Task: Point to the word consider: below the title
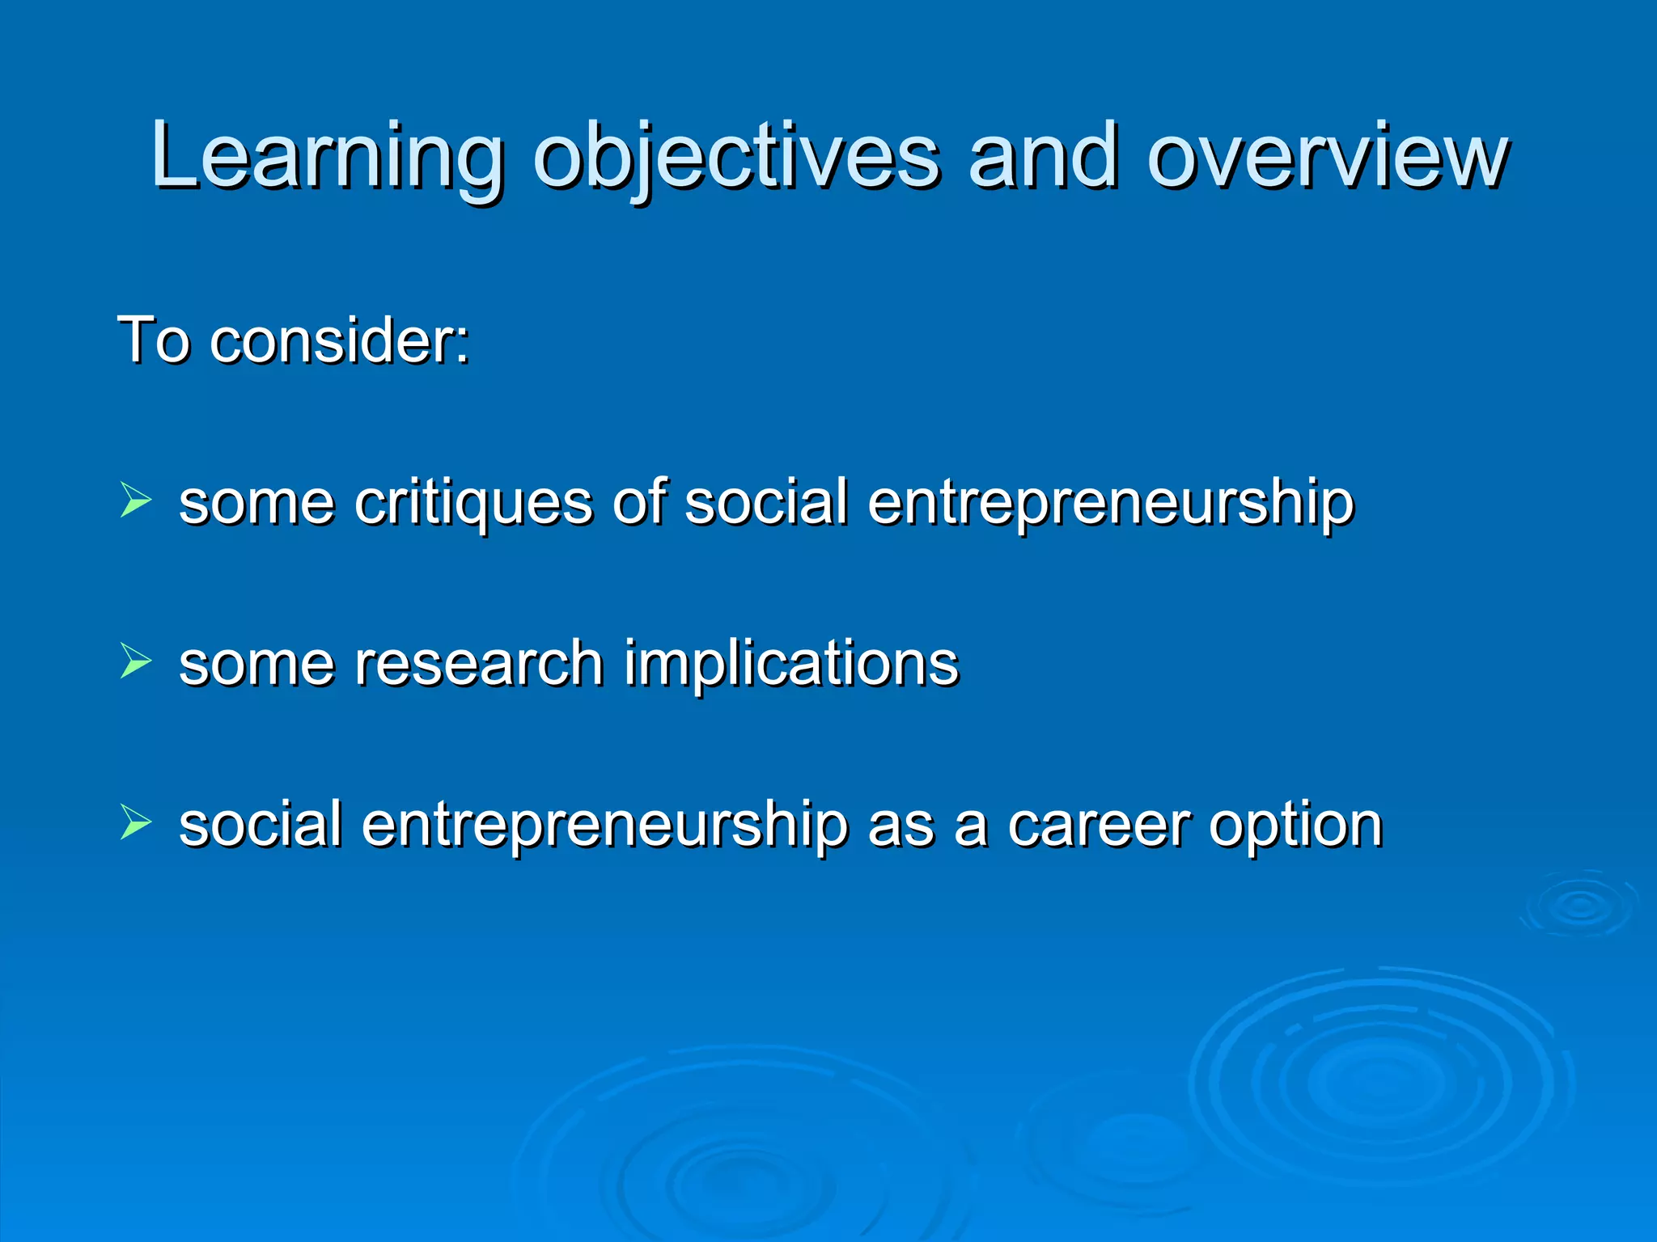coord(340,340)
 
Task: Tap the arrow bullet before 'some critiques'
coord(135,499)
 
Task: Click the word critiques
coord(473,502)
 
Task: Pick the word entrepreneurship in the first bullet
coord(1110,502)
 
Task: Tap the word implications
coord(790,663)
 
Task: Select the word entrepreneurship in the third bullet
coord(604,825)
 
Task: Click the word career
coord(1099,825)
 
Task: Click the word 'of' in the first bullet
coord(639,502)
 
